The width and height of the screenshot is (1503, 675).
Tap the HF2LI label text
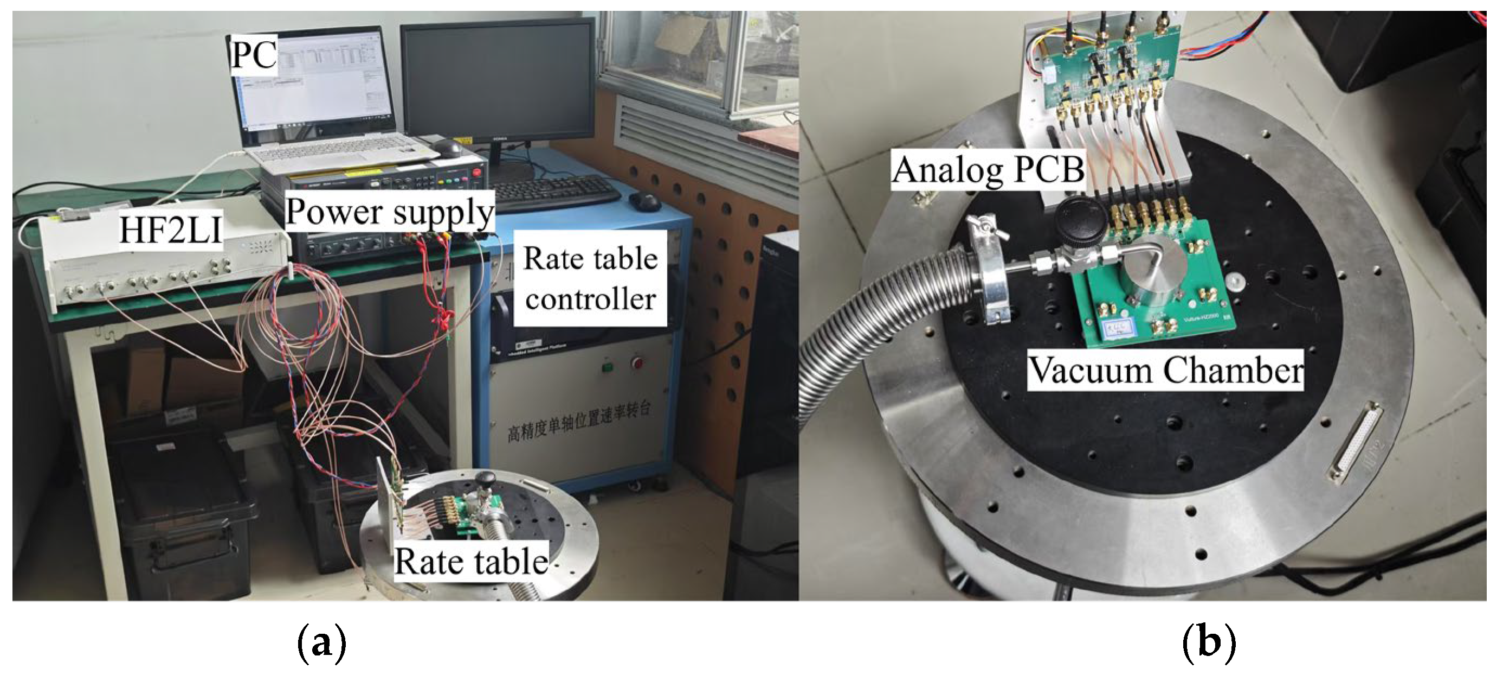pos(170,230)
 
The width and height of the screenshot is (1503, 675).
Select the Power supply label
pos(390,212)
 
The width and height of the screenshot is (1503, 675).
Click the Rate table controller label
pos(590,278)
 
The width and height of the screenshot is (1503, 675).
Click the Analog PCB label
pos(988,170)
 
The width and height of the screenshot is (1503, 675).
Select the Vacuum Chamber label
pos(1165,370)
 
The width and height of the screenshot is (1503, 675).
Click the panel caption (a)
pos(321,643)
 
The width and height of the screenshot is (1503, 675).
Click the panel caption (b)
pos(1209,643)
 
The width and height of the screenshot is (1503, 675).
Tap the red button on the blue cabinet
pos(637,364)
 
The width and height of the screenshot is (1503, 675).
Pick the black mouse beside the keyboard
pos(644,201)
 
